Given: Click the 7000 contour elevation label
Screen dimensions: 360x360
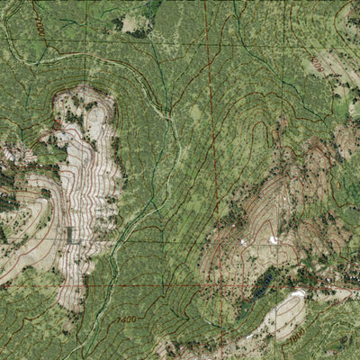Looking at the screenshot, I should click(x=39, y=20).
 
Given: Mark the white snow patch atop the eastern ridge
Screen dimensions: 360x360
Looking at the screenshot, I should click(x=274, y=239).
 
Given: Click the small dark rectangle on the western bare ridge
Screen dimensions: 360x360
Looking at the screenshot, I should click(x=69, y=234).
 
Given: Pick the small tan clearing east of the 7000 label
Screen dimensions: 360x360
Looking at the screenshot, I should click(x=133, y=22).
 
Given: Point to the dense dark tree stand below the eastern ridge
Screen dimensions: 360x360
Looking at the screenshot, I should click(x=262, y=283).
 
